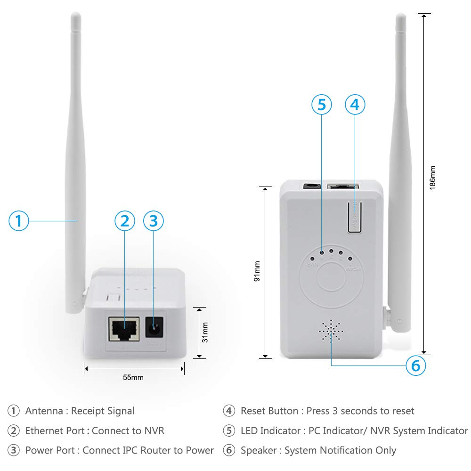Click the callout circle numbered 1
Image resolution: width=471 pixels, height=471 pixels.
point(19,220)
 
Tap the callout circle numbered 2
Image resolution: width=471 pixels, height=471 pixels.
point(125,220)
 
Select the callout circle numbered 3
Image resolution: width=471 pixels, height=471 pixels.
point(154,220)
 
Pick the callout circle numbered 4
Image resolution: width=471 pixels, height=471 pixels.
point(355,105)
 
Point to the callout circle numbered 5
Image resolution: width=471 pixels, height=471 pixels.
point(321,105)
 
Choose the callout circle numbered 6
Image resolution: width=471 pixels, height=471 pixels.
point(415,365)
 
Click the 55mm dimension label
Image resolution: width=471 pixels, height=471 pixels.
point(134,377)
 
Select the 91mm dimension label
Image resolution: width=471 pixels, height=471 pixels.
point(257,272)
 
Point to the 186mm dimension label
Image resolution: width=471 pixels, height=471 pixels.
point(432,177)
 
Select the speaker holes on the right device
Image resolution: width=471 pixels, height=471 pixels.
point(331,331)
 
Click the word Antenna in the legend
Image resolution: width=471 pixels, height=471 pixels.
point(44,411)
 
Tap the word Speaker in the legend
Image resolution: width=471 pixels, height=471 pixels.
point(258,450)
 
